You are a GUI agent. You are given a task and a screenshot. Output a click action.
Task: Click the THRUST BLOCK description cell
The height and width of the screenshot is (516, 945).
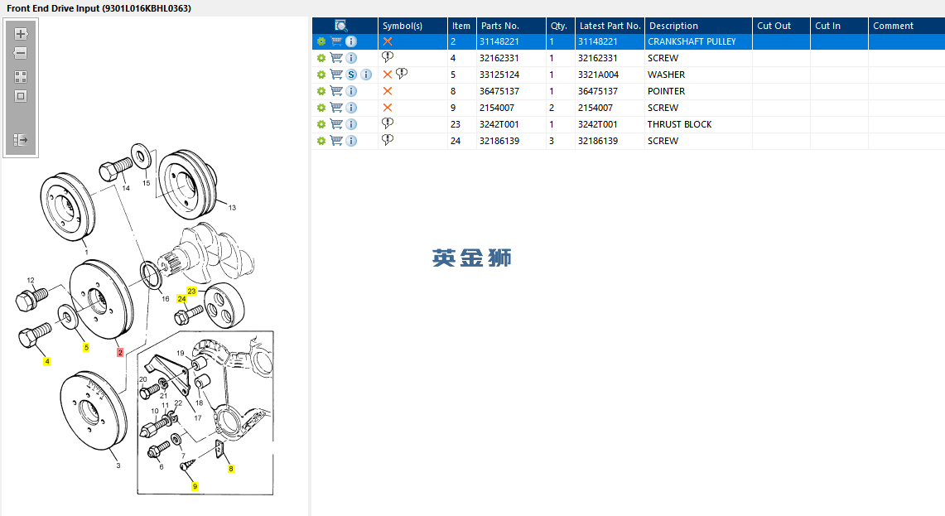(x=679, y=124)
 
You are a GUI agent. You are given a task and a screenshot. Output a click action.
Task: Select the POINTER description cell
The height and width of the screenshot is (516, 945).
(x=666, y=91)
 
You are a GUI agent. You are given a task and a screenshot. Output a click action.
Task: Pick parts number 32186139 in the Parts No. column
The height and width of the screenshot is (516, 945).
(x=499, y=141)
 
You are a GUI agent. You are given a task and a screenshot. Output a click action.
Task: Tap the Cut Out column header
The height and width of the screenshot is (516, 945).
(x=774, y=26)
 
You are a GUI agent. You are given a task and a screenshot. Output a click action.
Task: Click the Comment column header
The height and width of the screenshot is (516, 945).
(x=893, y=26)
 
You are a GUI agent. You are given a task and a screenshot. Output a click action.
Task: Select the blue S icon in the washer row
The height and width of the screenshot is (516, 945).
(x=351, y=75)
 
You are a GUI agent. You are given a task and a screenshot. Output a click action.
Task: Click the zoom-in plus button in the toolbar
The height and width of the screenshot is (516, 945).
(x=21, y=34)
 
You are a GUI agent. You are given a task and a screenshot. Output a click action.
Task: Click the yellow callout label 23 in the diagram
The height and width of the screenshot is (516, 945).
(x=191, y=292)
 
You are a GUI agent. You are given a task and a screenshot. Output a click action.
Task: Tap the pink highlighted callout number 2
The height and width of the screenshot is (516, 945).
(x=120, y=353)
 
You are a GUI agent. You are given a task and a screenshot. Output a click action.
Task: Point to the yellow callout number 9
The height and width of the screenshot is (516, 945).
(x=195, y=486)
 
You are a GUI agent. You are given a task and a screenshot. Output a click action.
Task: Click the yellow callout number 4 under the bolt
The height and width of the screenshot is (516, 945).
(x=47, y=362)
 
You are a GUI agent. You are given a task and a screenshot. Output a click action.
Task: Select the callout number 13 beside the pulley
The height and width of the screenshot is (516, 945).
(x=232, y=207)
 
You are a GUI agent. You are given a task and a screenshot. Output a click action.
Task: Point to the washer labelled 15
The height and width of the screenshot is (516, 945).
(x=142, y=157)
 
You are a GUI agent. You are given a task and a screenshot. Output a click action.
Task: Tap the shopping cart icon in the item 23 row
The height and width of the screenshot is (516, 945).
(x=336, y=124)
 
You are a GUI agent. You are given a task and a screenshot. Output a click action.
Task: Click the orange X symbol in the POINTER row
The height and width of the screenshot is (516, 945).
(x=388, y=91)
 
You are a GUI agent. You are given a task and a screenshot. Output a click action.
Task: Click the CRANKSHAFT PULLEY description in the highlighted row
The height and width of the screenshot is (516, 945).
(x=692, y=41)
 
